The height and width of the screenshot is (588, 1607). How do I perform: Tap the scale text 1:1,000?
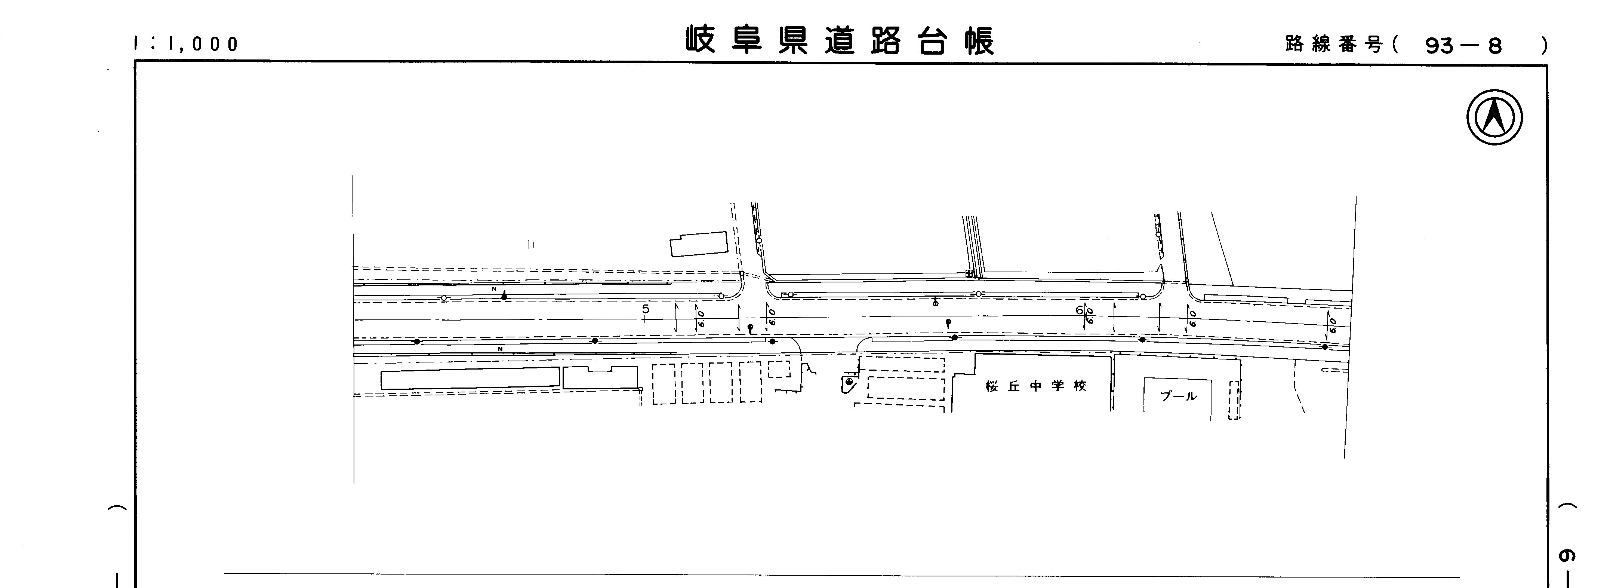pos(186,44)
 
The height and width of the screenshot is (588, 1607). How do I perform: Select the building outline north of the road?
pos(699,244)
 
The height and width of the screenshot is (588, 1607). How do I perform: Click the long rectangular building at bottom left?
pos(470,378)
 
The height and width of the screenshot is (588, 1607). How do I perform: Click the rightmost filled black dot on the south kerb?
pos(1324,346)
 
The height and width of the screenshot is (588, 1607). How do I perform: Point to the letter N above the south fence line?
pos(500,349)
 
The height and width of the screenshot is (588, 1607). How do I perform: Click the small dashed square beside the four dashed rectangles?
pos(779,369)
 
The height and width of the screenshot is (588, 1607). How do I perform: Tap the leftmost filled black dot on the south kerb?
pos(417,342)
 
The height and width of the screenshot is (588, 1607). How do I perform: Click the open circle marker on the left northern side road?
pos(758,240)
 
